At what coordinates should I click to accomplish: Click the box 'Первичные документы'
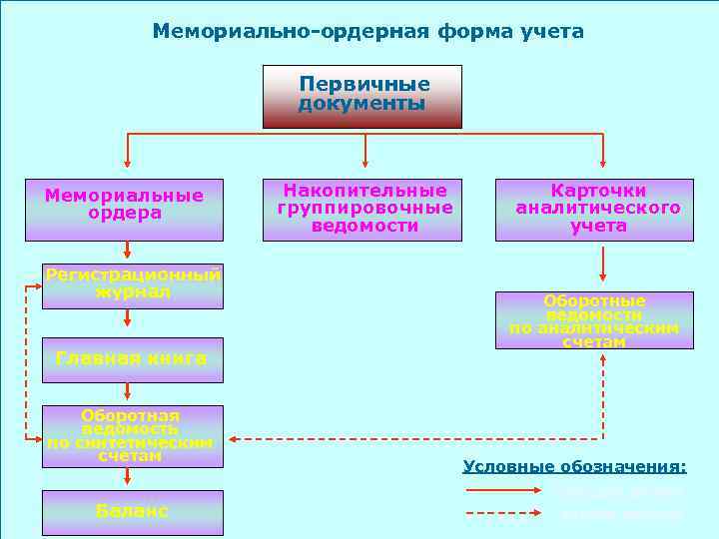(x=362, y=96)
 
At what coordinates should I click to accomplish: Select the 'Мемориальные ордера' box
(x=124, y=210)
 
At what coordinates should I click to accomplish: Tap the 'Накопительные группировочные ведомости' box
(x=362, y=210)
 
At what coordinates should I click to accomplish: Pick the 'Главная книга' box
(x=133, y=359)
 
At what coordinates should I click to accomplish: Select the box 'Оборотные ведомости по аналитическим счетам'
(x=594, y=319)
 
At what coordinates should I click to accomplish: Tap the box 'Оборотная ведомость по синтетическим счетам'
(x=133, y=436)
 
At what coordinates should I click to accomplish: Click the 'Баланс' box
(x=133, y=511)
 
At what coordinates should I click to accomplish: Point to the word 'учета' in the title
(x=552, y=32)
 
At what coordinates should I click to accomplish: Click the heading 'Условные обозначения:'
(x=575, y=466)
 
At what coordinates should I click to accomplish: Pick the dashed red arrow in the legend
(x=504, y=514)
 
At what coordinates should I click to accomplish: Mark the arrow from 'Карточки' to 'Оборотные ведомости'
(x=603, y=265)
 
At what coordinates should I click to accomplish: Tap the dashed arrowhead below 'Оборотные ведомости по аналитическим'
(x=603, y=356)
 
